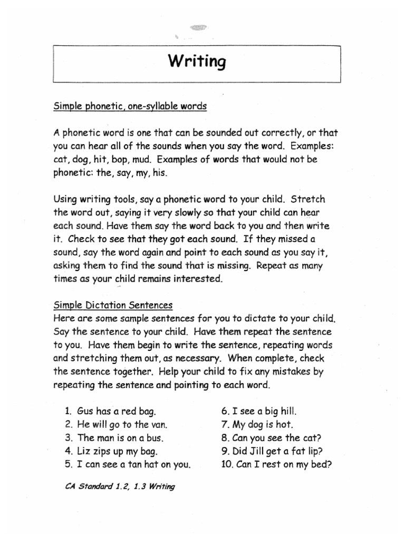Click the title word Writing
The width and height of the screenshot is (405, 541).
[197, 62]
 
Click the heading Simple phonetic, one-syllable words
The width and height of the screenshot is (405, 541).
[130, 107]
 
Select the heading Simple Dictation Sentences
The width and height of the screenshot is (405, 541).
[113, 306]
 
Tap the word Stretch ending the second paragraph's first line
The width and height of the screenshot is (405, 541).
[308, 200]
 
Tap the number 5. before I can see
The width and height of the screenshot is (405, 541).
[68, 465]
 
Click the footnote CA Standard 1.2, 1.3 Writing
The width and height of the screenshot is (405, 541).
[120, 487]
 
